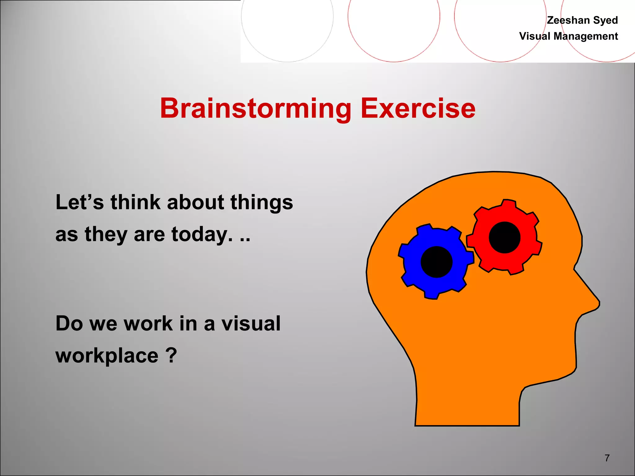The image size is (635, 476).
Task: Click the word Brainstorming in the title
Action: coord(255,108)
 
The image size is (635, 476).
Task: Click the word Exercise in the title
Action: coord(418,108)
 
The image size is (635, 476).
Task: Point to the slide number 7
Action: coord(607,458)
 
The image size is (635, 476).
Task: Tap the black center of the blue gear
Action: coord(437,262)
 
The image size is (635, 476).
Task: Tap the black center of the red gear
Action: coord(504,237)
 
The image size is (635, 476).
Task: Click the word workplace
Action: coord(107,356)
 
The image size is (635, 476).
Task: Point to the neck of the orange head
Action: coord(467,403)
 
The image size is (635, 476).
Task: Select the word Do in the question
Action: coord(69,324)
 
